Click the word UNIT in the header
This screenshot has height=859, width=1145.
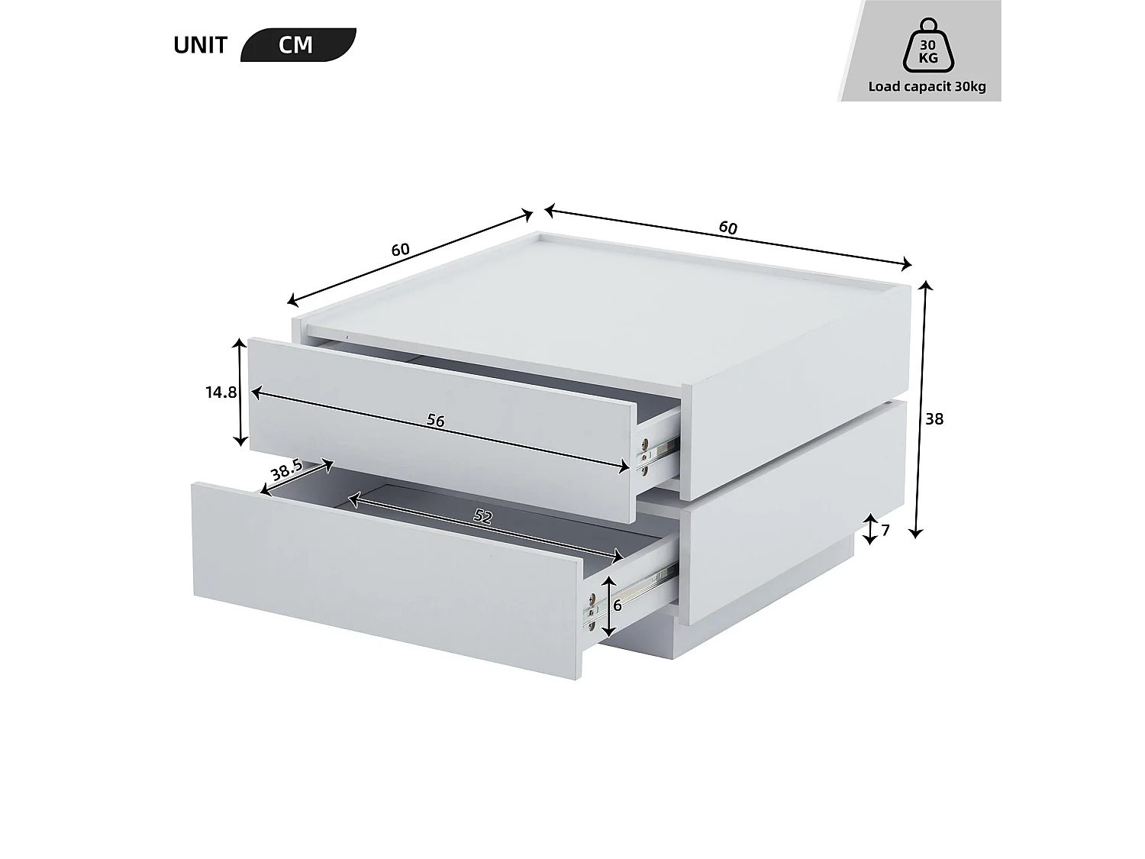point(200,45)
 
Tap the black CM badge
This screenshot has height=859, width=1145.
point(296,45)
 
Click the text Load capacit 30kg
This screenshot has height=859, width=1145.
point(927,86)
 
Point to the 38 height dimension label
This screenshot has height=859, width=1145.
point(934,419)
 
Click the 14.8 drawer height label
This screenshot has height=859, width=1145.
point(221,392)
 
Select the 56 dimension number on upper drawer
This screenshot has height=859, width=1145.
point(435,421)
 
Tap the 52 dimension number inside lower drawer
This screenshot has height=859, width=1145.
point(482,516)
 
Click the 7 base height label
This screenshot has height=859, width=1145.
point(885,529)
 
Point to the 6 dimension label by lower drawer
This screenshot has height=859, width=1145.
point(618,605)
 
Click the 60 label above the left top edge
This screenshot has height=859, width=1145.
point(401,250)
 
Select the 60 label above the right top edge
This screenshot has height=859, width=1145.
point(727,228)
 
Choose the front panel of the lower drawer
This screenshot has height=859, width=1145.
point(385,580)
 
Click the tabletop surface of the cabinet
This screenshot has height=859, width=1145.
point(603,298)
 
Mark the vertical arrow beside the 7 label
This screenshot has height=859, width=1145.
point(870,529)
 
